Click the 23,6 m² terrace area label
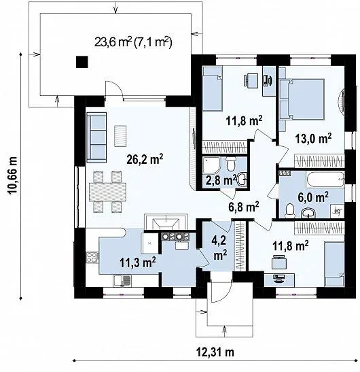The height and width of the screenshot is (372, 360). click(133, 42)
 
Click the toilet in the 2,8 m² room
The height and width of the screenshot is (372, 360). click(231, 165)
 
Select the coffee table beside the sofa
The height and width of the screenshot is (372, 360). click(122, 135)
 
